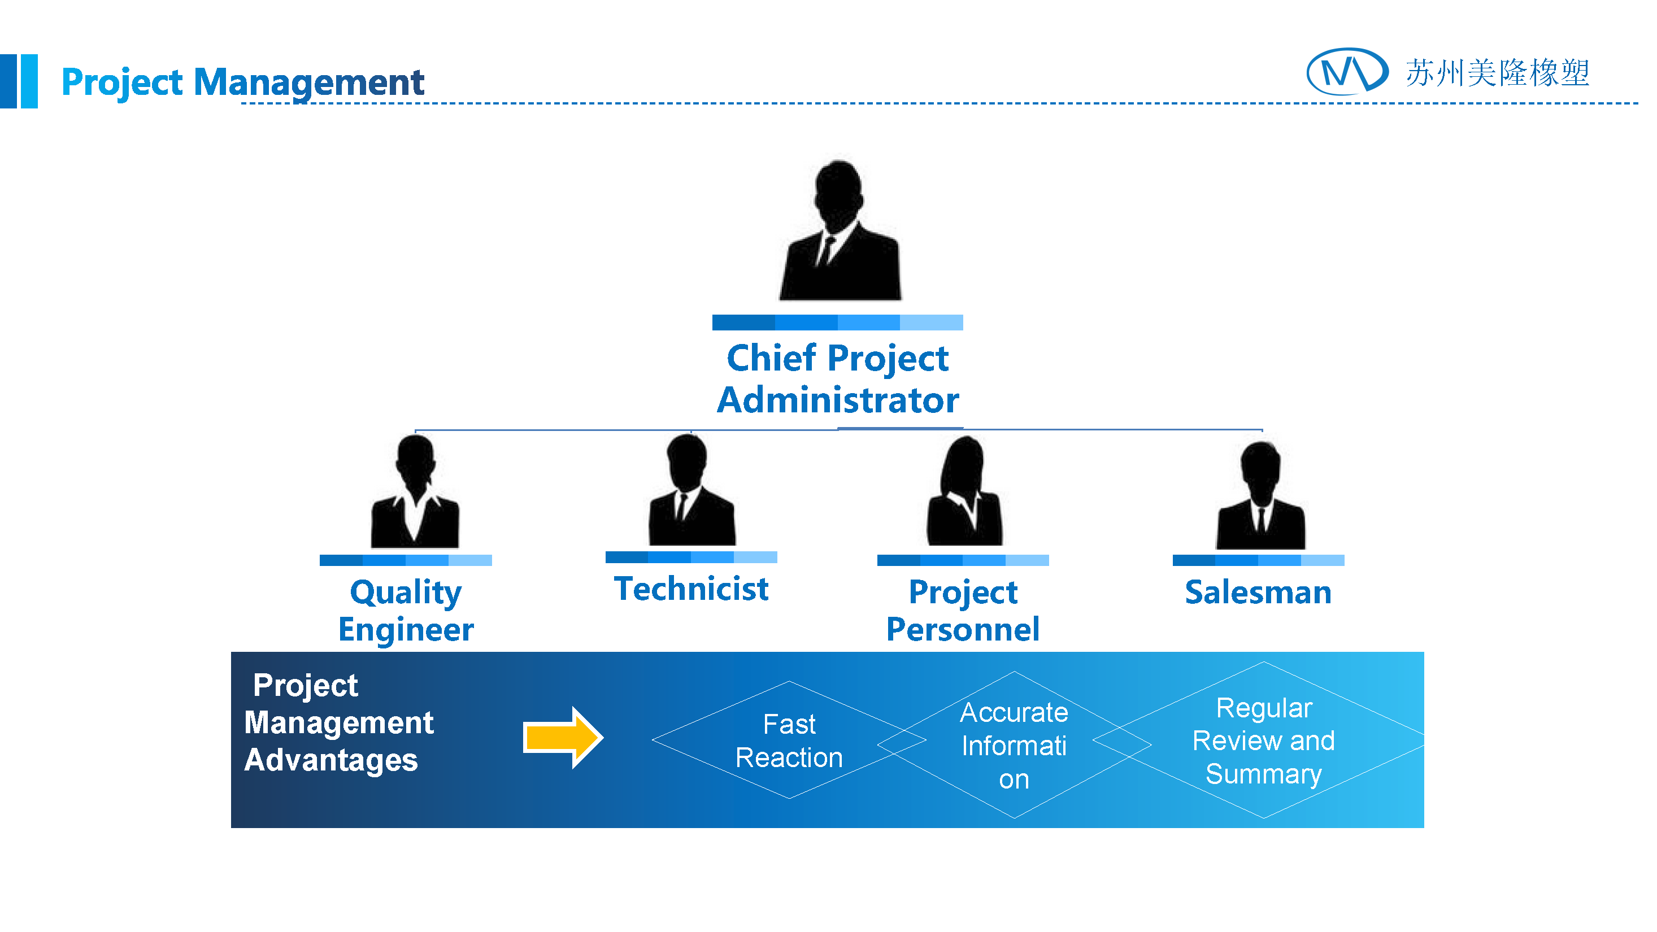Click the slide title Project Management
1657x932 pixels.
(x=242, y=82)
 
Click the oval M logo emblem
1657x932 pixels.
(x=1347, y=71)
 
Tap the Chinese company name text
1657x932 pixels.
(x=1497, y=73)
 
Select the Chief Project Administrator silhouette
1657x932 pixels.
(x=840, y=232)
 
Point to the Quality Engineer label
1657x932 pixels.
(x=406, y=610)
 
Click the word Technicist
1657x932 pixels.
(x=691, y=589)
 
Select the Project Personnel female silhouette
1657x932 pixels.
(x=964, y=492)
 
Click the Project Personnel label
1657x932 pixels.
(x=962, y=610)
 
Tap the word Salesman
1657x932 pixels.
(x=1258, y=592)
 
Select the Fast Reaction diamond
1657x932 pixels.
(x=789, y=741)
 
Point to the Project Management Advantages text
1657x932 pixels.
(x=339, y=722)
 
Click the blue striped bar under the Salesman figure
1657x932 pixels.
(x=1258, y=560)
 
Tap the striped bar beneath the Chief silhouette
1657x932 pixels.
(x=837, y=322)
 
